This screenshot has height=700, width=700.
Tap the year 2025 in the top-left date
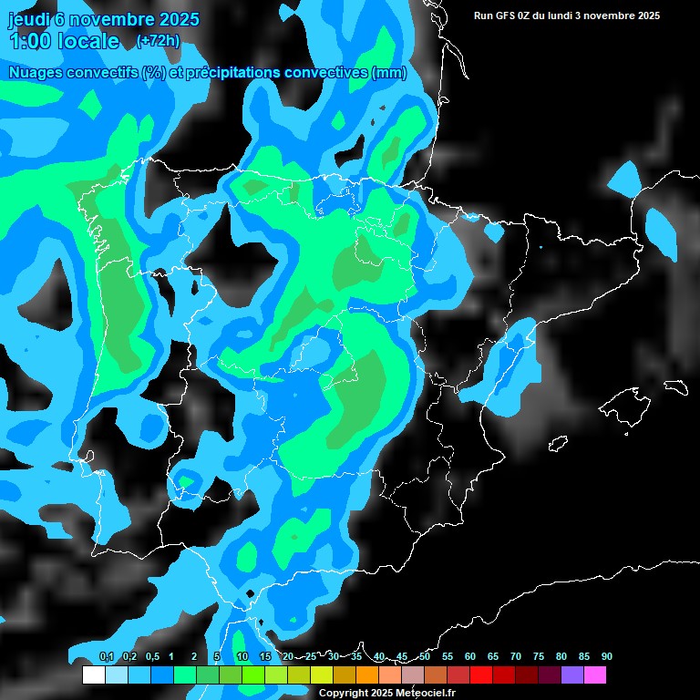click(172, 18)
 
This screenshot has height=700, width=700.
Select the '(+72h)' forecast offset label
click(158, 40)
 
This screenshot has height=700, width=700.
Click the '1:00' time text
click(29, 41)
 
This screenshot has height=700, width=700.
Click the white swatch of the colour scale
click(93, 675)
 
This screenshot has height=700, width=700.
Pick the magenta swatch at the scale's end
click(594, 675)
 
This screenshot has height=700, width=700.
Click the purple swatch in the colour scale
click(571, 675)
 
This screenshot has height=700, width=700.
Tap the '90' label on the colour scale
click(607, 656)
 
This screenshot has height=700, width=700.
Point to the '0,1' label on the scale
click(107, 656)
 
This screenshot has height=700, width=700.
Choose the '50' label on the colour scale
click(425, 656)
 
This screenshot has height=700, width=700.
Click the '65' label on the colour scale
click(493, 656)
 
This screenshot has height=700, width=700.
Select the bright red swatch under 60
click(480, 675)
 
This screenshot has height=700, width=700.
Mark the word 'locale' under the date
click(88, 41)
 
